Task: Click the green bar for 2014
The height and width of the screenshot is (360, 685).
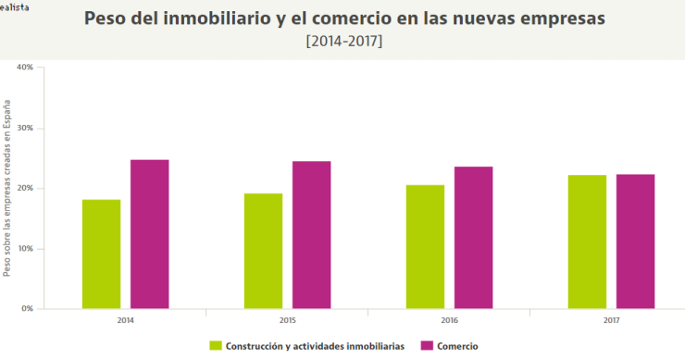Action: (101, 254)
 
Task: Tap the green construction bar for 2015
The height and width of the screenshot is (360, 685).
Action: (263, 251)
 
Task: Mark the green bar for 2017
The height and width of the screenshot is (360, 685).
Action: (587, 242)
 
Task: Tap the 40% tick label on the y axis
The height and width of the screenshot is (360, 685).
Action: (25, 68)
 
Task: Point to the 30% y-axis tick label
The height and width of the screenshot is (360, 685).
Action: (25, 128)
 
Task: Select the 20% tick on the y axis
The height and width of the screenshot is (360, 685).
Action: (25, 188)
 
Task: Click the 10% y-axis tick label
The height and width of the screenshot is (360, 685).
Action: (25, 248)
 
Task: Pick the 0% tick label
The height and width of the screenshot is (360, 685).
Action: (28, 308)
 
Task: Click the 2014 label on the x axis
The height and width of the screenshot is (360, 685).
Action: (125, 319)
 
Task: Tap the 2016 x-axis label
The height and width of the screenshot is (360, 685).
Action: (449, 319)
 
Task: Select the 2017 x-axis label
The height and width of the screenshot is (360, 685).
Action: (611, 319)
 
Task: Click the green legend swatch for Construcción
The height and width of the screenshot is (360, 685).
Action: (216, 345)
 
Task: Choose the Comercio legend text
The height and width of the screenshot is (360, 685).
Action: (459, 345)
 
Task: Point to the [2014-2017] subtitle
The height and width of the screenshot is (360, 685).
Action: (343, 42)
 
